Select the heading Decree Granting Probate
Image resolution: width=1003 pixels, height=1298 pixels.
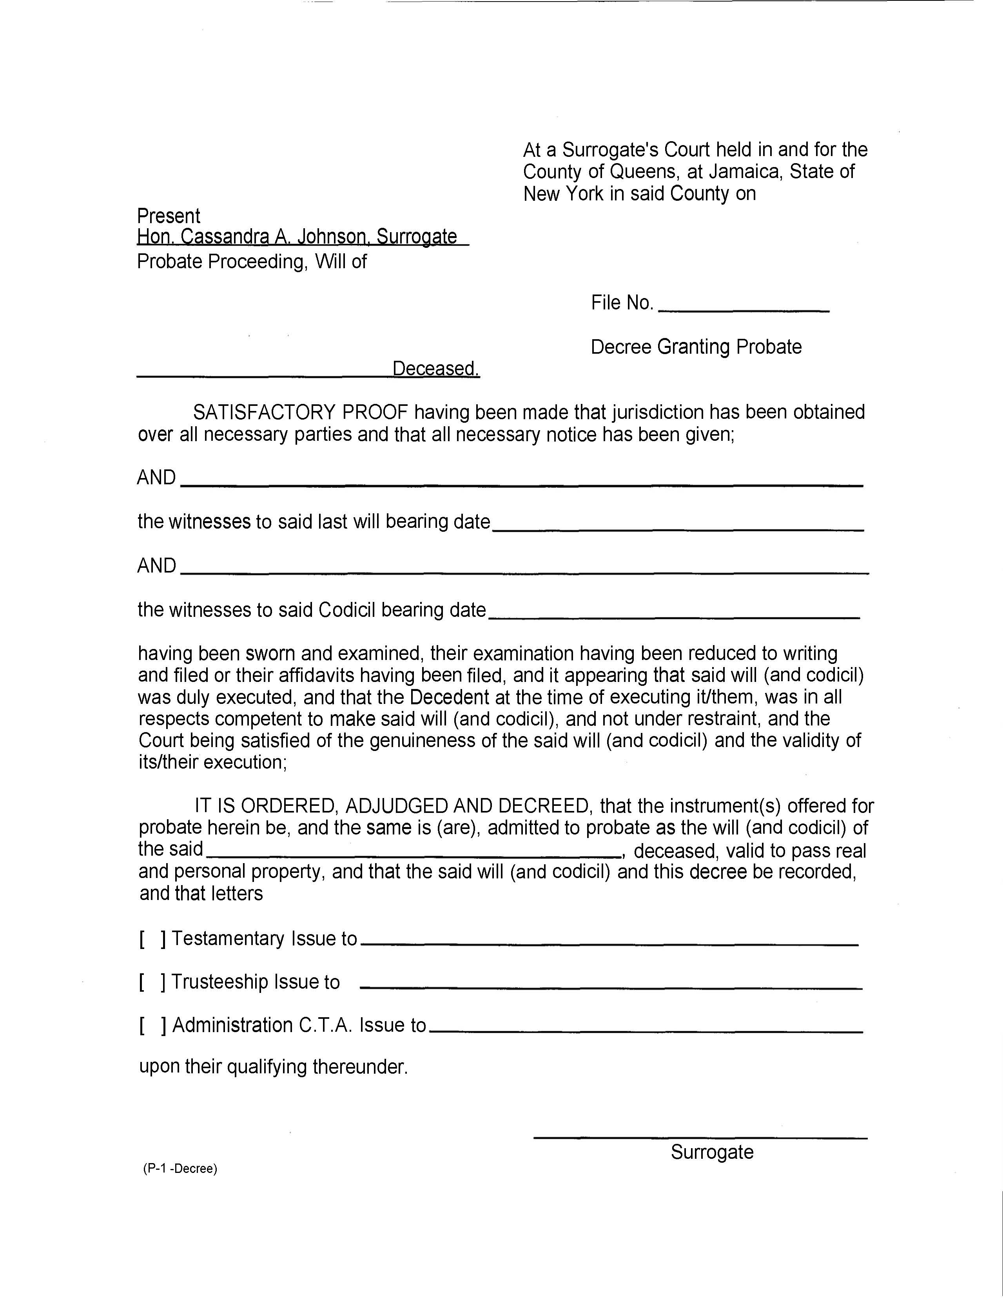point(696,347)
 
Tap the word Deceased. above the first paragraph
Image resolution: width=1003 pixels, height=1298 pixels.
point(435,369)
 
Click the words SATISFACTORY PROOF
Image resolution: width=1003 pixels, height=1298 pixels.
point(301,412)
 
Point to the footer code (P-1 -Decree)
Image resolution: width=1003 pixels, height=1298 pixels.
point(180,1169)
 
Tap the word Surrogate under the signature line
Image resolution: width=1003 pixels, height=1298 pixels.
point(712,1152)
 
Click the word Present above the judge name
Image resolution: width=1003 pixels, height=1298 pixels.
point(169,216)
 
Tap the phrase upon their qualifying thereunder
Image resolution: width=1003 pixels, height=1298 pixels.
point(273,1067)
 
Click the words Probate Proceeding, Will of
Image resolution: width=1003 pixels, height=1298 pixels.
point(252,262)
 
